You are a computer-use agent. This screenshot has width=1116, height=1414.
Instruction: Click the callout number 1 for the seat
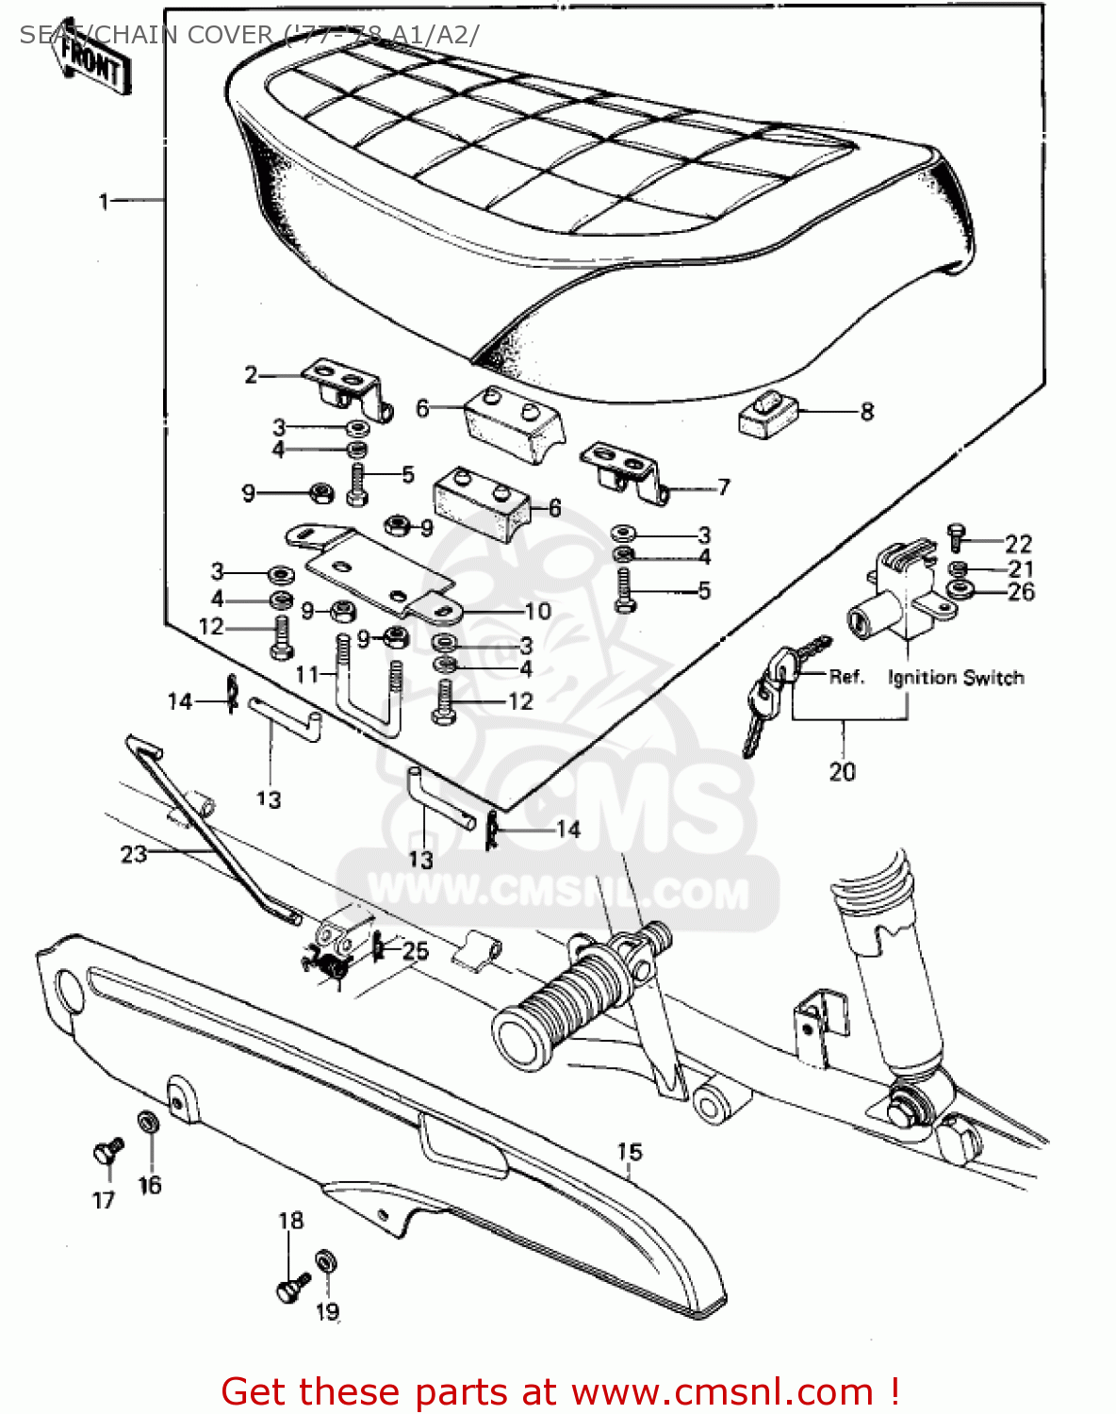pos(104,201)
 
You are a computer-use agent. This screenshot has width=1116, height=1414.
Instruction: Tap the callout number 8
pos(866,412)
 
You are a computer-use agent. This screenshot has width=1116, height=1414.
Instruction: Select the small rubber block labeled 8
pos(767,416)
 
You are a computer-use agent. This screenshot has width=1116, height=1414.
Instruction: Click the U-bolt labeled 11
pos(368,686)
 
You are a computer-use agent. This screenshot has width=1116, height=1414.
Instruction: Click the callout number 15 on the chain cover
pos(630,1152)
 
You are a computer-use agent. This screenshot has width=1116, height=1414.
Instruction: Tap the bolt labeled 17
pos(107,1152)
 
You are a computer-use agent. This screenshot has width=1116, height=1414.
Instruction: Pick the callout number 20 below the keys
pos(842,772)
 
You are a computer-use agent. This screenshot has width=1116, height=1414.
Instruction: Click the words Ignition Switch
pos(955,678)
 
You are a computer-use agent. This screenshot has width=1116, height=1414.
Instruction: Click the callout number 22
pos(1018,544)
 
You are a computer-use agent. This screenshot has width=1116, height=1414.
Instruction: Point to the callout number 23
pos(133,854)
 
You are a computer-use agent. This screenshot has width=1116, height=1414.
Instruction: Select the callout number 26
pos(1021,592)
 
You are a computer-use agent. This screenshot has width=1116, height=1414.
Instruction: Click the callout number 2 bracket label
pos(251,375)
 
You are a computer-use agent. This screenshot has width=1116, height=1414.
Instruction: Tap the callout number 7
pos(723,487)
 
